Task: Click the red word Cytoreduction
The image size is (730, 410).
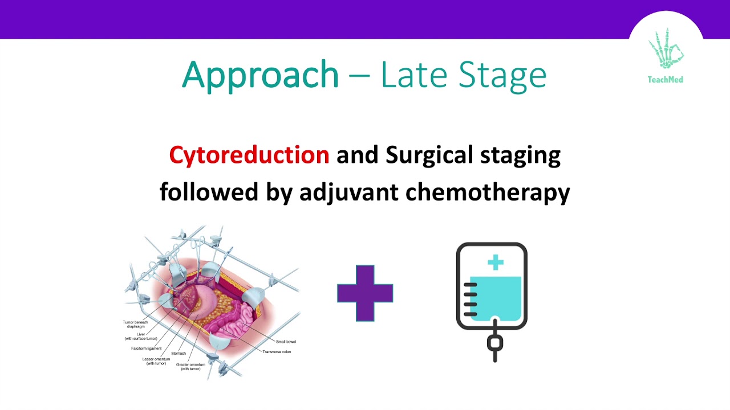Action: click(x=249, y=155)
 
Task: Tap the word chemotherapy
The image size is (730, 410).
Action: click(x=488, y=192)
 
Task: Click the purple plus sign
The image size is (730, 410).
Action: click(x=365, y=293)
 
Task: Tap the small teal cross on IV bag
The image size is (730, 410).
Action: click(x=496, y=263)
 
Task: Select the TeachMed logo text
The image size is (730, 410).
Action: click(x=665, y=80)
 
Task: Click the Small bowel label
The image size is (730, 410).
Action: click(x=286, y=342)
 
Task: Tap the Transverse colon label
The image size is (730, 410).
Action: click(x=277, y=352)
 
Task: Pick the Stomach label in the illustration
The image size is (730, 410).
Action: click(x=179, y=354)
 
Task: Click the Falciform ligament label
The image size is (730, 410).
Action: click(x=146, y=348)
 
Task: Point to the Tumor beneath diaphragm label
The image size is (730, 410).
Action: click(x=135, y=325)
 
